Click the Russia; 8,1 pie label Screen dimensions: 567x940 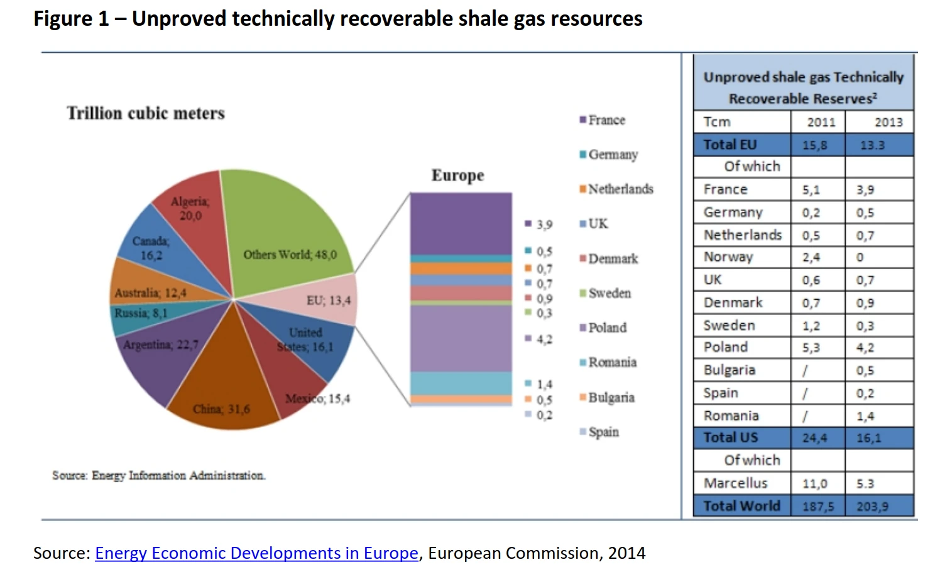(141, 313)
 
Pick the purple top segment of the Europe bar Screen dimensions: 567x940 (461, 223)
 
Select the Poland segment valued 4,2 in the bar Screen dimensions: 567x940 (461, 338)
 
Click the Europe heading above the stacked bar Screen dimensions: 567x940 (457, 175)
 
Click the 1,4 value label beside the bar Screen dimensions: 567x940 (544, 384)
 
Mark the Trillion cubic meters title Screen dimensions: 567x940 (146, 113)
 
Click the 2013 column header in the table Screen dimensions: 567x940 (888, 122)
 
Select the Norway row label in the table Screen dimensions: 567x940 (728, 257)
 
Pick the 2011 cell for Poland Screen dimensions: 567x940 (811, 348)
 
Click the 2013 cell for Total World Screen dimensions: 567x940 (872, 507)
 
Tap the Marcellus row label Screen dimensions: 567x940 (735, 483)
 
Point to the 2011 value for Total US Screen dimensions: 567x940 (814, 438)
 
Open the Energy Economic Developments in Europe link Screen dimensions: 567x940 (256, 553)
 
